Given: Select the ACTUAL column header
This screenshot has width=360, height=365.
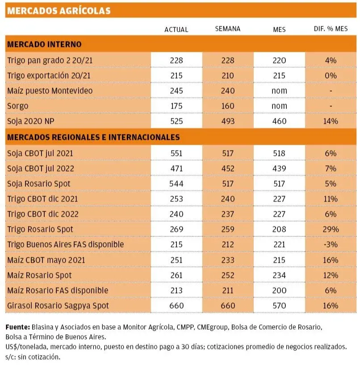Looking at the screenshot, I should [176, 29].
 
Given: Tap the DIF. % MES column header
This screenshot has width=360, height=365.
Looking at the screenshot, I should [331, 29].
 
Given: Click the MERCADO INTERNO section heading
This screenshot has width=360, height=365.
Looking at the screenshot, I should [45, 45].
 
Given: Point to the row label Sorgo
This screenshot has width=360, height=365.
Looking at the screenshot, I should [18, 106].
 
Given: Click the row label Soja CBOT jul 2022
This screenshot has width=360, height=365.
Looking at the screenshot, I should [41, 168].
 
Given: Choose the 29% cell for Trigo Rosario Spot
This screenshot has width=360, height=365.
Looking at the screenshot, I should [331, 230].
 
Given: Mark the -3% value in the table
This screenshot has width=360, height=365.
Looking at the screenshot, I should [331, 245].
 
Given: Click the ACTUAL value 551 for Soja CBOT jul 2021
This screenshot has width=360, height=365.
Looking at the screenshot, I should [176, 153].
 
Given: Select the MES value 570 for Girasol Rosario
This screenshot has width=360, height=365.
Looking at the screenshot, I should [279, 306].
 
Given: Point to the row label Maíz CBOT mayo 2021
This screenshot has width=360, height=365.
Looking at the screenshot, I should [46, 260].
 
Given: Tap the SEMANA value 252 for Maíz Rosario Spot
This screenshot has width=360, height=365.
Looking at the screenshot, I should [228, 275].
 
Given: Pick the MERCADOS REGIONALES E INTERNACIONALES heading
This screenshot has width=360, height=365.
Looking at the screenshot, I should [94, 137].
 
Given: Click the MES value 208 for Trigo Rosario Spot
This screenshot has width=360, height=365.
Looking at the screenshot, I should [279, 230].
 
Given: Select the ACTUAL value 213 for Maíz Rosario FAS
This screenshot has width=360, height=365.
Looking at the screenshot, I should [176, 291].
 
